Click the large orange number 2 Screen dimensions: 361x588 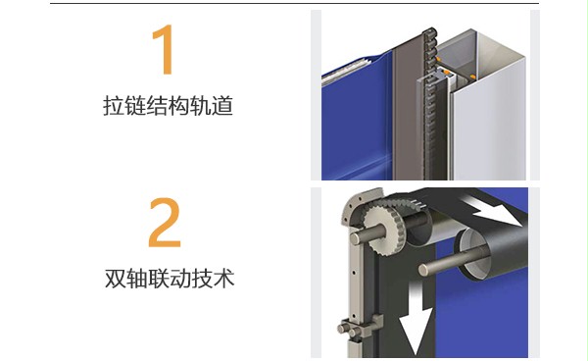165,224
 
